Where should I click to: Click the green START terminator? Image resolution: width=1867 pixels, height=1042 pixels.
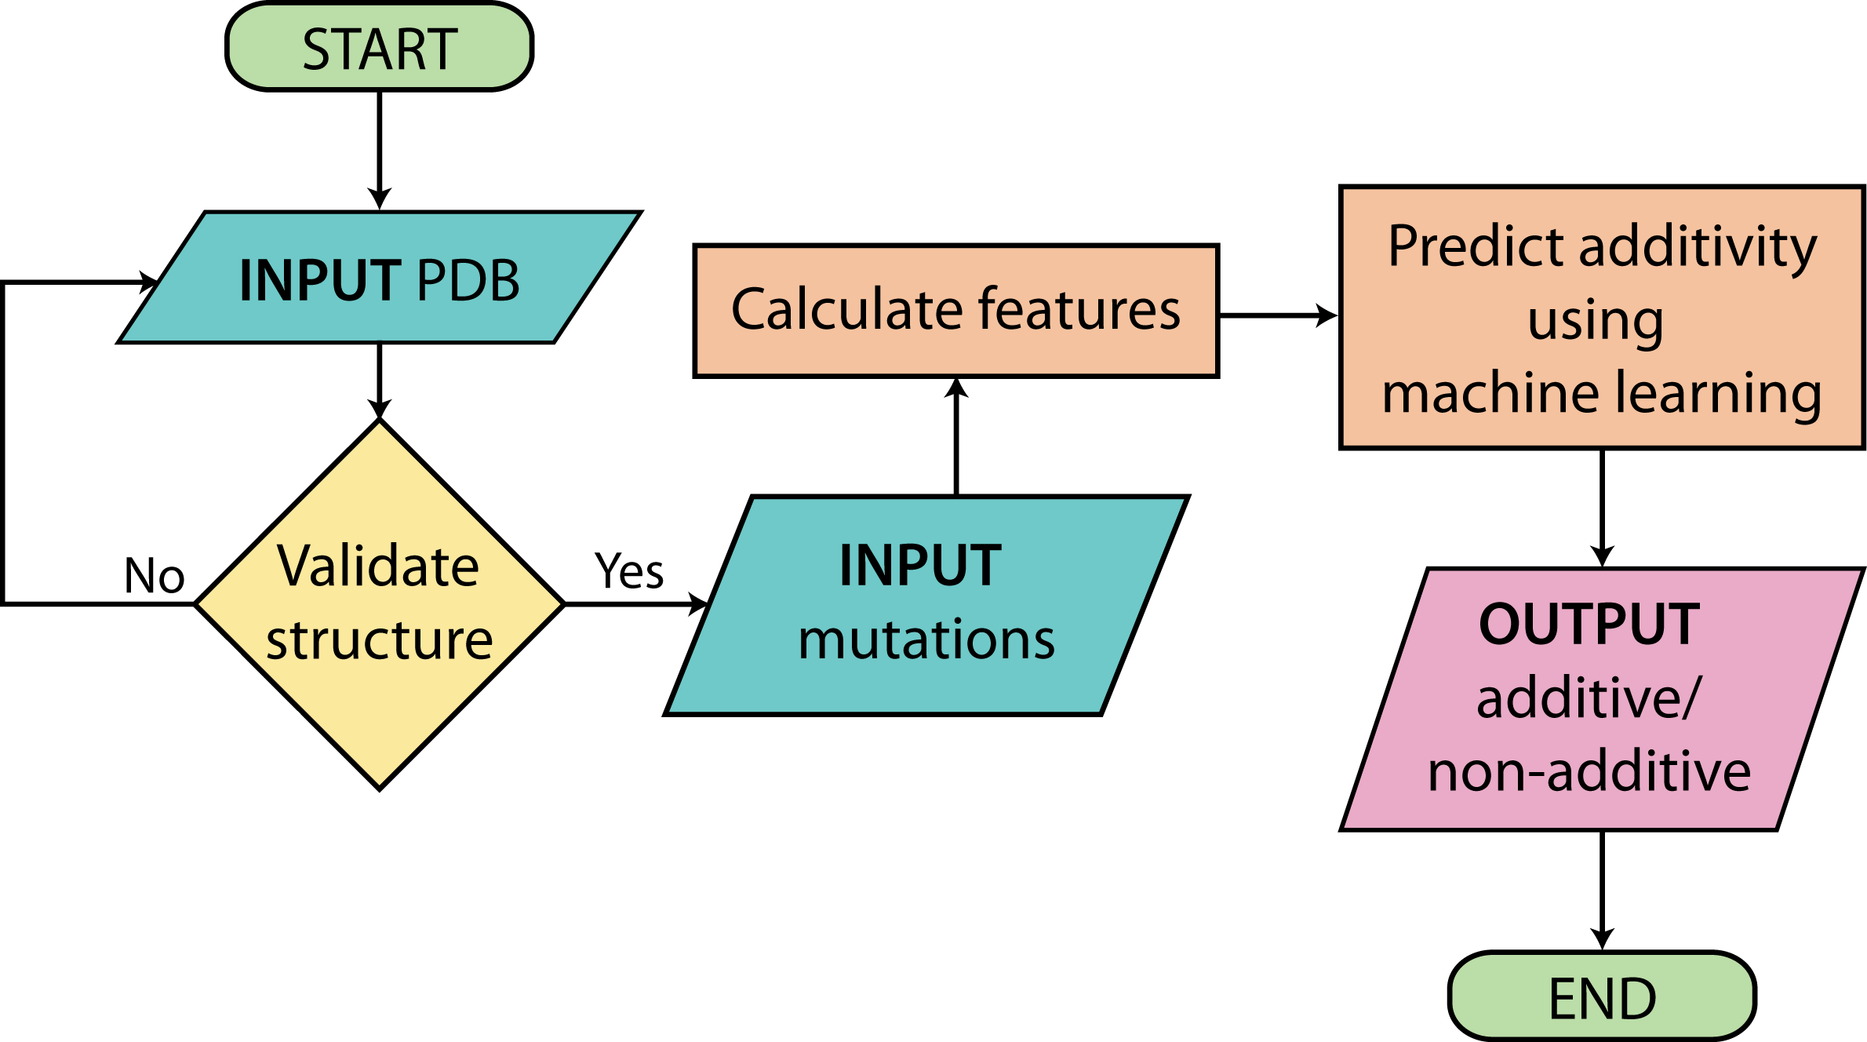coord(380,47)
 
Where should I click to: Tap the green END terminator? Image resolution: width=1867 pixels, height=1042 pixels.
coord(1602,996)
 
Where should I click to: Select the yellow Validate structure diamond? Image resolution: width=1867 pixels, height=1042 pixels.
coord(380,604)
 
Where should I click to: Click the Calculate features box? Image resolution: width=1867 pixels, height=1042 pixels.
coord(956,311)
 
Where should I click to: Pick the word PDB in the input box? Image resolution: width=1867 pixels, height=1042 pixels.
coord(468,280)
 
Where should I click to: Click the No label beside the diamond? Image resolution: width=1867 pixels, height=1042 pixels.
coord(155,575)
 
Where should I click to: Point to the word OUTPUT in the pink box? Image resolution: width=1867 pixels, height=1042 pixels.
coord(1589,625)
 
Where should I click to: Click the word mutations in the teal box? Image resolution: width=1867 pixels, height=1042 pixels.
coord(926,639)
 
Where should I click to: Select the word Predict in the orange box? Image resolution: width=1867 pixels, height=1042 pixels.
coord(1476,246)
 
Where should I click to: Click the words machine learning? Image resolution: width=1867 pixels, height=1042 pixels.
coord(1602,394)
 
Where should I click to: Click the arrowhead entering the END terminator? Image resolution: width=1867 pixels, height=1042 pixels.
coord(1602,939)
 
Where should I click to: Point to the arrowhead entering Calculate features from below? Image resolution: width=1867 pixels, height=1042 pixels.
coord(956,388)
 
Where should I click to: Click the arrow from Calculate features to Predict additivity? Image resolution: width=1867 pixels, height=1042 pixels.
coord(1279,315)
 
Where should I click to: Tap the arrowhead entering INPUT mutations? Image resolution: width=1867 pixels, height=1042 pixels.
coord(698,604)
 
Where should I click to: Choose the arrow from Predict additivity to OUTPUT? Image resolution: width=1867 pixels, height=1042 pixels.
coord(1602,508)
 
